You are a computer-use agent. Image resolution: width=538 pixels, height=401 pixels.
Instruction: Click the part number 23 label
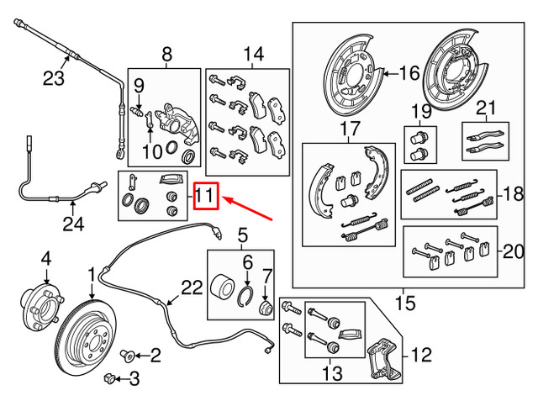tap(54, 81)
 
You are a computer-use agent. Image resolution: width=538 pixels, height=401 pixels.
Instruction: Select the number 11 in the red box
tap(207, 199)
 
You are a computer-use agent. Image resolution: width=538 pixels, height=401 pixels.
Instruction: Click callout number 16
tap(409, 74)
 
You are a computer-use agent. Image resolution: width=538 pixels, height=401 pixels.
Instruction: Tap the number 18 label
tap(510, 195)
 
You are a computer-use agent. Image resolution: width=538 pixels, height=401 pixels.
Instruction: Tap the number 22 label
tap(192, 288)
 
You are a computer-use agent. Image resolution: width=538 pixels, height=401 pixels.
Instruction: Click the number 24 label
tap(74, 224)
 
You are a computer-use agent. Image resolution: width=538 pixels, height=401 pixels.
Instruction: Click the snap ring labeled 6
tap(248, 295)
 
